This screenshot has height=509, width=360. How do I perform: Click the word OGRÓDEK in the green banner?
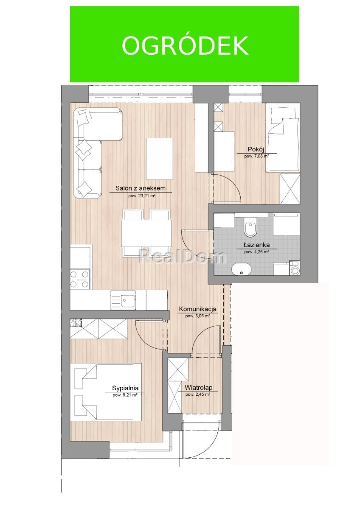[185, 46]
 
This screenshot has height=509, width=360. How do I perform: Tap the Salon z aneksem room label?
[140, 188]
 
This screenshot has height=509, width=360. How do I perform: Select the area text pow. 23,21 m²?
[141, 196]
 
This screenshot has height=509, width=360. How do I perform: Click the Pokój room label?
[256, 149]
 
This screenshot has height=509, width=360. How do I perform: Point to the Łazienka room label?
[254, 245]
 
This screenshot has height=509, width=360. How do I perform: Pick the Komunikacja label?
[198, 309]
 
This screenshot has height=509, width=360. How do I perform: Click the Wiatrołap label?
[198, 387]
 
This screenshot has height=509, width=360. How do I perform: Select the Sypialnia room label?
[125, 388]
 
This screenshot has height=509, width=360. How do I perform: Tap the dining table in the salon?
[146, 233]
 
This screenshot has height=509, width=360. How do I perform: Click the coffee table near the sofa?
[160, 159]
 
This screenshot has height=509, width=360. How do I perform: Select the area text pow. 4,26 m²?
[254, 252]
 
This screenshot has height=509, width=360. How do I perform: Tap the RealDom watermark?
[183, 257]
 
